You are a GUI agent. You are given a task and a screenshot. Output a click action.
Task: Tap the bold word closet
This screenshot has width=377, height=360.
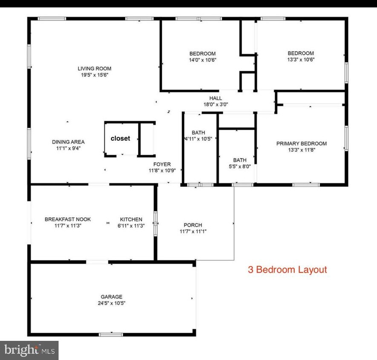(120, 138)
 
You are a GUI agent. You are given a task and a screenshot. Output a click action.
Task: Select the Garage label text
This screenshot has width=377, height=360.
(111, 296)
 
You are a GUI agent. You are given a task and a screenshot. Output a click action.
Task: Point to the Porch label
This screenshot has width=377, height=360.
(193, 225)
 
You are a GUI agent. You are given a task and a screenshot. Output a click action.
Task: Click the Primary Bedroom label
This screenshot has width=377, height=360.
(301, 143)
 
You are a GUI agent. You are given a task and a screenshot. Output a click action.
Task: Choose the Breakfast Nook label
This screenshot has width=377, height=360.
(68, 219)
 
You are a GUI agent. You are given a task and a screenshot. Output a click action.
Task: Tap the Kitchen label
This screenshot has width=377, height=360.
(131, 219)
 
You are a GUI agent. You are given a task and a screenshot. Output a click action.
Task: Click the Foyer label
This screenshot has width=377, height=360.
(162, 164)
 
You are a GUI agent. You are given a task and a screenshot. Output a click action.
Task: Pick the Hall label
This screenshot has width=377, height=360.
(215, 98)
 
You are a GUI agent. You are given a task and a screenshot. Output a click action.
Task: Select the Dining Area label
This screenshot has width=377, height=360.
(68, 142)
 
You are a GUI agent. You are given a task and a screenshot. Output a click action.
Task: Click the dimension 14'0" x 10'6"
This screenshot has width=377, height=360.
(203, 60)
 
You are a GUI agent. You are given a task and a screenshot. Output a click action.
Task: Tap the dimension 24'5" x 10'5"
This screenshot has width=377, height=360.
(111, 303)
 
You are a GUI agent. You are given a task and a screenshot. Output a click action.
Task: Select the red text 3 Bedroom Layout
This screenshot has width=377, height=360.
(287, 270)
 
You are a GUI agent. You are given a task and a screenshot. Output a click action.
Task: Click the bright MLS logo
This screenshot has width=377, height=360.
(29, 351)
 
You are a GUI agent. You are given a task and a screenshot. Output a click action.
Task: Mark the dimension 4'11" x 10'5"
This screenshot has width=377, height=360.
(198, 139)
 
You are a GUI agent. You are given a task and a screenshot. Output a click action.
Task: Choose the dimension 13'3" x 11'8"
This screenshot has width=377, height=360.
(301, 150)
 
